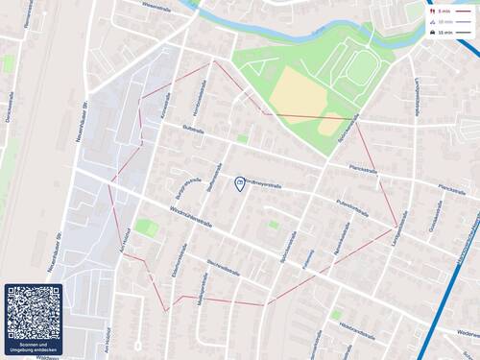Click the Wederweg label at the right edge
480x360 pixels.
click(x=466, y=333)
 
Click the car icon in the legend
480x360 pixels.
click(x=435, y=33)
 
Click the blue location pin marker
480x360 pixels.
click(x=239, y=182)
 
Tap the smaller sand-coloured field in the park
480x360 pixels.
click(x=330, y=125)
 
